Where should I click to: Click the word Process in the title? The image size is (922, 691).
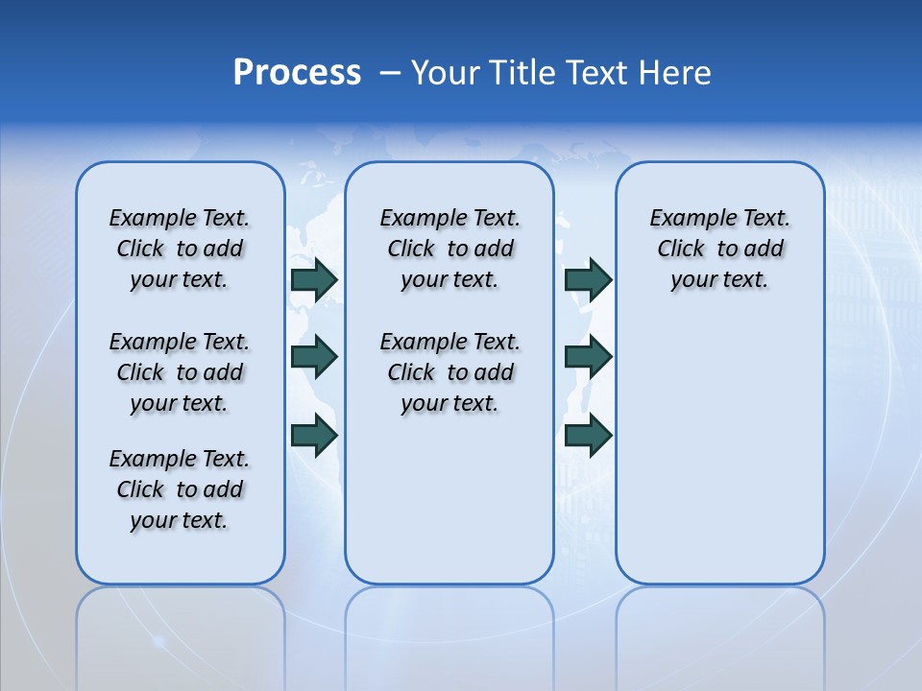(297, 73)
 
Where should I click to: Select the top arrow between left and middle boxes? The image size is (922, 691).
(314, 279)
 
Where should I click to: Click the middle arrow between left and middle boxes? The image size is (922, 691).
(314, 357)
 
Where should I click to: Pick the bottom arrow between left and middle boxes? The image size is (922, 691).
(314, 435)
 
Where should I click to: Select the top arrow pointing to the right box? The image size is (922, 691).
(588, 279)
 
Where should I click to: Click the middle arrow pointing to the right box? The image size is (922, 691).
(588, 357)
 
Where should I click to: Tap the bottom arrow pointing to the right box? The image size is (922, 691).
(588, 435)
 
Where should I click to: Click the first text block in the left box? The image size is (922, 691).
(180, 249)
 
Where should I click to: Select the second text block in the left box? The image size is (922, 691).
(180, 372)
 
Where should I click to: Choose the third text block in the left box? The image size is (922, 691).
(180, 489)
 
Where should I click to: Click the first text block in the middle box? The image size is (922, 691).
(449, 249)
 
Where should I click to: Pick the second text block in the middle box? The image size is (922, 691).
(449, 372)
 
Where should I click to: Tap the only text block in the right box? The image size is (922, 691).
(719, 249)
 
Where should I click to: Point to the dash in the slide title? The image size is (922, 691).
(390, 73)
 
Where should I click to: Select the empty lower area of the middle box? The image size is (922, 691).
(449, 509)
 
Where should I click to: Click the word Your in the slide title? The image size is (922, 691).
(447, 73)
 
